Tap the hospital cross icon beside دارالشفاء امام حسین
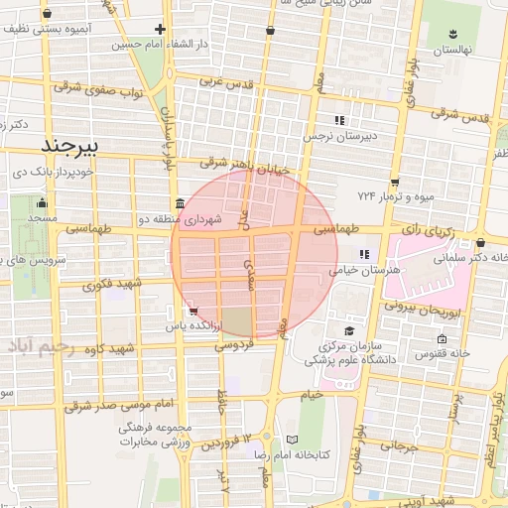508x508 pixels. pyautogui.click(x=160, y=29)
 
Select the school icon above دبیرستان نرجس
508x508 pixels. pyautogui.click(x=339, y=120)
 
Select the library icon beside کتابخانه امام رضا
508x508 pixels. pyautogui.click(x=291, y=439)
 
